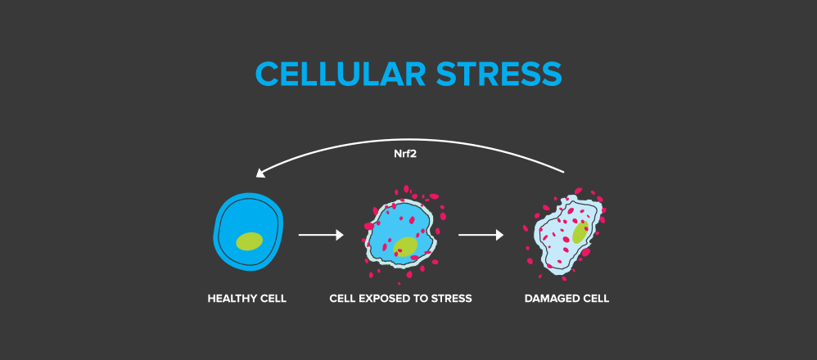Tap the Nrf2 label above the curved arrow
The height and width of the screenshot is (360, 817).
[405, 152]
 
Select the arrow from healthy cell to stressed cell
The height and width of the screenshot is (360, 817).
[320, 236]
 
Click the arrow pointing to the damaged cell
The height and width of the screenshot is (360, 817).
[481, 236]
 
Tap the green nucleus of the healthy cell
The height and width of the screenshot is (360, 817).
[249, 241]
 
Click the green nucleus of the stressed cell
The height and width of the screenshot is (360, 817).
[404, 246]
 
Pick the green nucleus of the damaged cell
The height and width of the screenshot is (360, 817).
[580, 232]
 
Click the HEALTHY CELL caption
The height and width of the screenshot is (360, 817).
[246, 299]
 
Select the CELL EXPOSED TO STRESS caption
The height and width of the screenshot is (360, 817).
[400, 299]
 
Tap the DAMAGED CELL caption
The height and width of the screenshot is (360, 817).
[566, 299]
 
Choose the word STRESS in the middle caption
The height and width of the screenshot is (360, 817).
[453, 299]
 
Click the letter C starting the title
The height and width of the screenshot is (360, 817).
[266, 74]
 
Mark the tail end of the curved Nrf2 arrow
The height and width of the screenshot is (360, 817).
[563, 171]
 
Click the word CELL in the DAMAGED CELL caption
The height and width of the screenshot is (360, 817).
[595, 299]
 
